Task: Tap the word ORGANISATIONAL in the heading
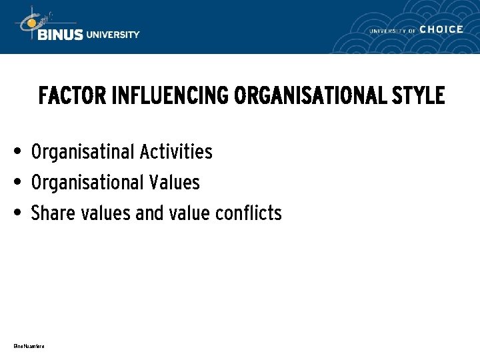point(310,96)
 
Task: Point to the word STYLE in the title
point(419,96)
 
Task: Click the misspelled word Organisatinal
point(83,152)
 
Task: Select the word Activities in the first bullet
point(176,152)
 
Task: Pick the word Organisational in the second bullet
point(87,182)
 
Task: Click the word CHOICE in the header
point(441,29)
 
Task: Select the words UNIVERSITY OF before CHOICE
point(393,31)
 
